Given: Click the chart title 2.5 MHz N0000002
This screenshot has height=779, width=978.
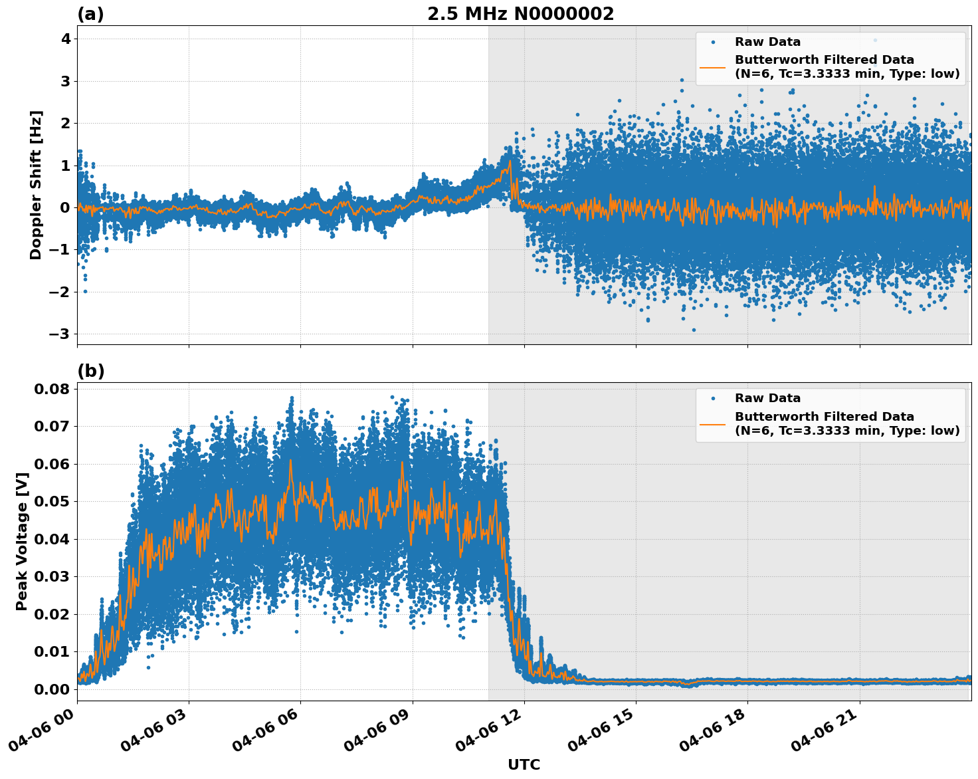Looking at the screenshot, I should pos(520,14).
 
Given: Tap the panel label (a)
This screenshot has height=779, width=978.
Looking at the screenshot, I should pos(90,14).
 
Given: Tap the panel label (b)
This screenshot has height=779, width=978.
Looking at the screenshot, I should pos(90,371).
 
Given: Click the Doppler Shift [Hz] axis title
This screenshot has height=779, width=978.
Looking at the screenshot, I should pos(36,185).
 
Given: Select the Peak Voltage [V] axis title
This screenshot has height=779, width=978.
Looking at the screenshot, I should pos(22,542).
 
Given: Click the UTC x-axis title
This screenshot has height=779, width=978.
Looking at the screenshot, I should pos(524,764).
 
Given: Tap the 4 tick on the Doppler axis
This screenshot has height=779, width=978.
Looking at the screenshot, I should pos(65,39).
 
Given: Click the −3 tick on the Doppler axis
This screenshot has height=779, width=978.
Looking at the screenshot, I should pos(60,334).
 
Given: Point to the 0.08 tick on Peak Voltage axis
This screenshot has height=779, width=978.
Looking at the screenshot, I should pos(52,388).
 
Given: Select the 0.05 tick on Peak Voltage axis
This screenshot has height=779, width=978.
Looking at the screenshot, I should pos(52,501).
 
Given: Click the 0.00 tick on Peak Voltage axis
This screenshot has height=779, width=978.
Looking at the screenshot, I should pos(52,689).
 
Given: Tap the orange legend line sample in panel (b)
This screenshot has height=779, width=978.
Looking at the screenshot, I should pos(713,423).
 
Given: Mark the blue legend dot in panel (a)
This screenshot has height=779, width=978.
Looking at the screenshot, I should pos(713,42).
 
